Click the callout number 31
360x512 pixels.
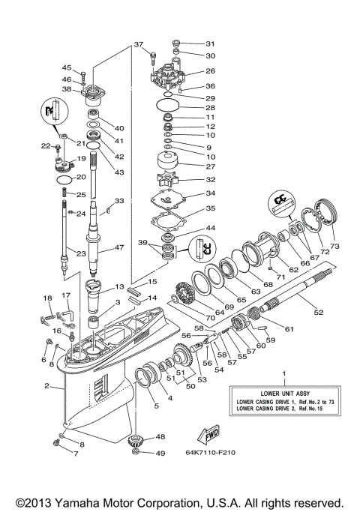click(210, 43)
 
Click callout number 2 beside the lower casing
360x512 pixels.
click(46, 387)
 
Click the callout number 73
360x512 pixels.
click(334, 246)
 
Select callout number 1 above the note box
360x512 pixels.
click(283, 373)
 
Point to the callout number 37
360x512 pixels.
click(138, 44)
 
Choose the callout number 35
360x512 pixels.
click(211, 209)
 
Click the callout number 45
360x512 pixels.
click(67, 67)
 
